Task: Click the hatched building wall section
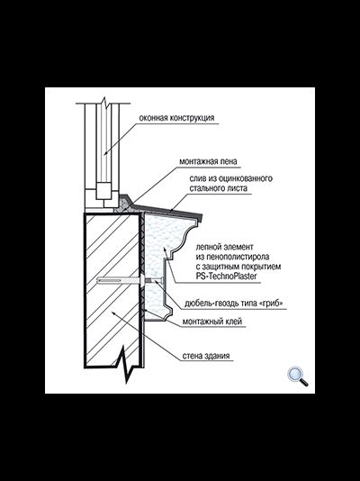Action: click(x=112, y=288)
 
